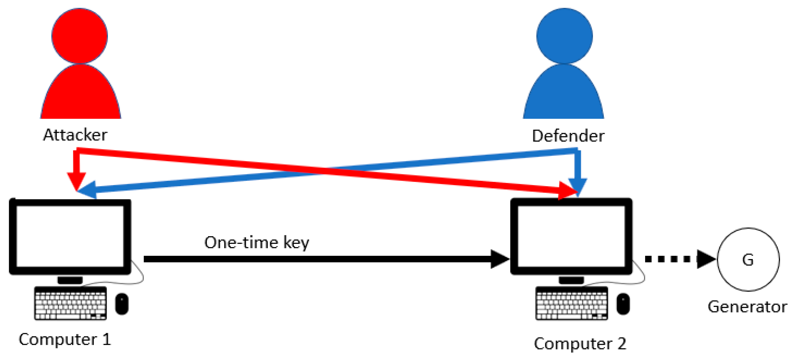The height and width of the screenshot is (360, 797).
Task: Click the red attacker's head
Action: [79, 36]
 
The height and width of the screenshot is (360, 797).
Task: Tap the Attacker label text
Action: [75, 135]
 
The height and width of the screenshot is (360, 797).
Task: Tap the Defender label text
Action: [568, 136]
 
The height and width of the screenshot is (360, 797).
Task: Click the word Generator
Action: [747, 307]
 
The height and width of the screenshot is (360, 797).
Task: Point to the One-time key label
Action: [257, 242]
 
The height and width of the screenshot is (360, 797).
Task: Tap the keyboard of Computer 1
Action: [71, 304]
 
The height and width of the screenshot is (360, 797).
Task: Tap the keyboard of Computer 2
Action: [572, 304]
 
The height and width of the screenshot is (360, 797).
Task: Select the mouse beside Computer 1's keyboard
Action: [122, 304]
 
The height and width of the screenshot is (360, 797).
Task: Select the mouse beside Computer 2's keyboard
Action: [623, 304]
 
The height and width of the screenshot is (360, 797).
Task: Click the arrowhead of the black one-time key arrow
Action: [499, 259]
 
